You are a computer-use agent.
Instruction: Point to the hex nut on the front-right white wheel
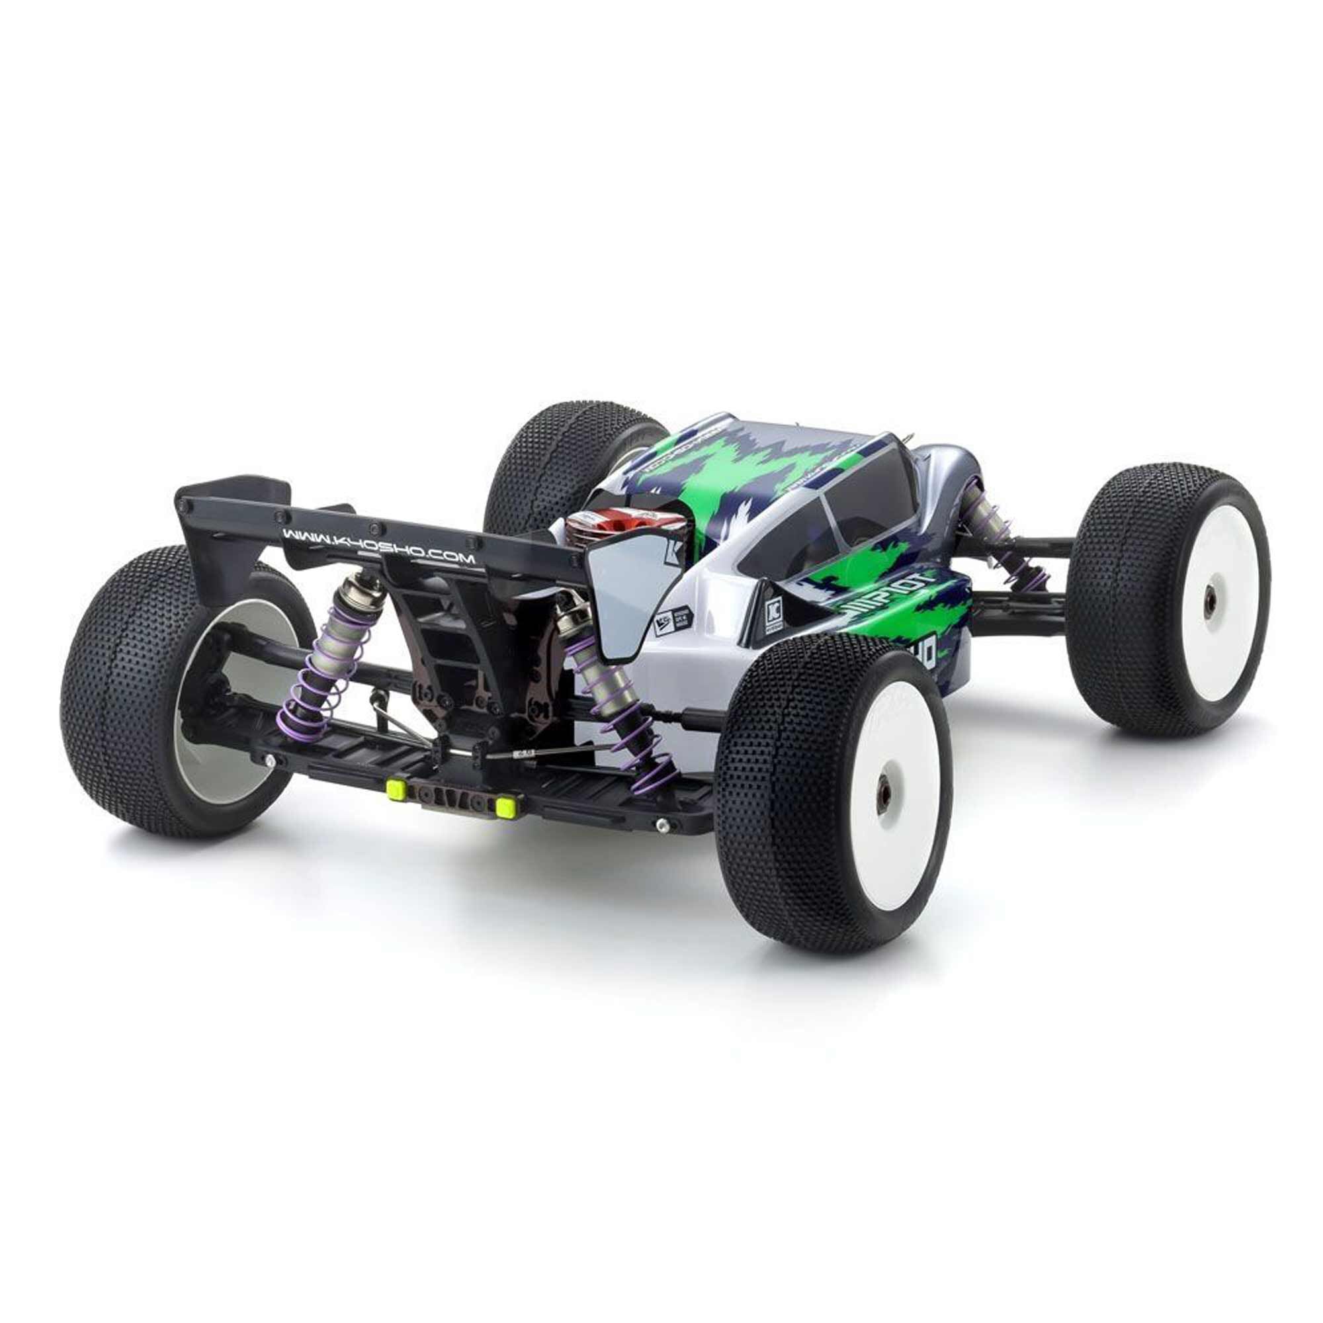point(1208,607)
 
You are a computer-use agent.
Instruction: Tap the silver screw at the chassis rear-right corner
point(661,826)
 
